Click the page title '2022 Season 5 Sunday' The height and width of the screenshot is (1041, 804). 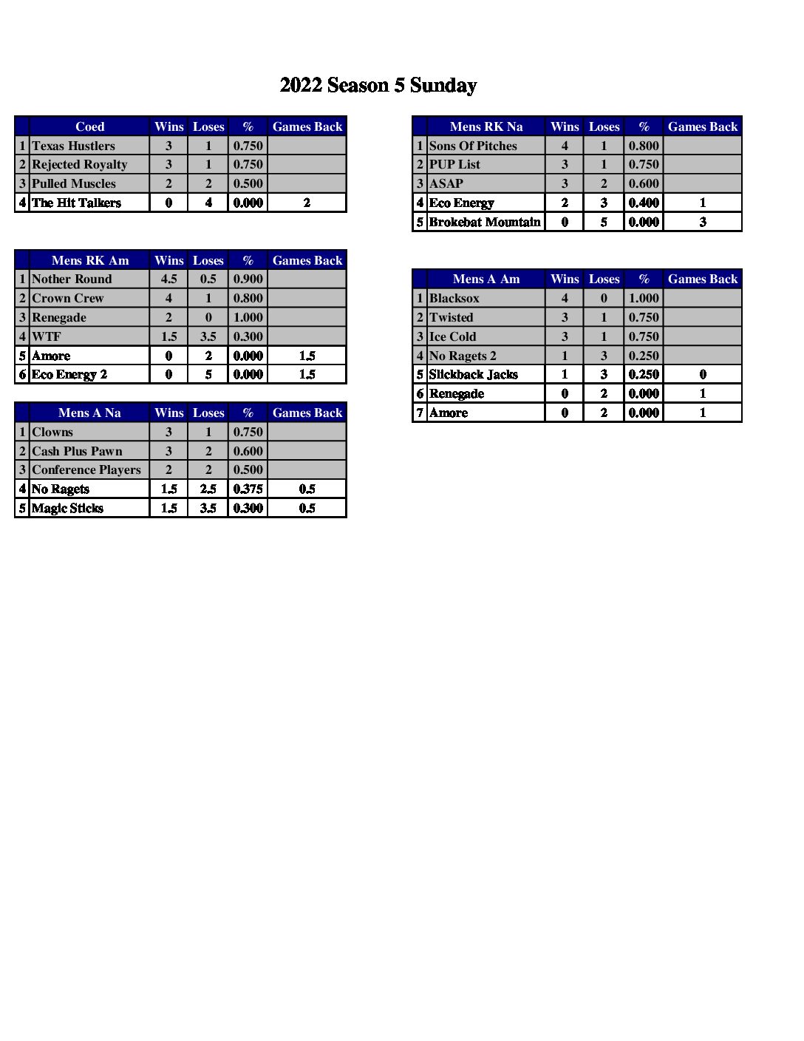click(378, 86)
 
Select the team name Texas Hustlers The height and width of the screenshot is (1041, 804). click(73, 146)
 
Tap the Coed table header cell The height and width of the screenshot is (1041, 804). click(89, 126)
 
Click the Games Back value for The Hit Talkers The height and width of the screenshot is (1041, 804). click(307, 203)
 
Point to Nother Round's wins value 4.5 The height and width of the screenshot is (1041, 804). click(168, 279)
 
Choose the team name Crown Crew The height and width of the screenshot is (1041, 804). click(68, 298)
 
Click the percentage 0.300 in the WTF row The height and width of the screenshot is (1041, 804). click(248, 336)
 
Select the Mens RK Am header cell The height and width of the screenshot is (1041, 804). click(89, 260)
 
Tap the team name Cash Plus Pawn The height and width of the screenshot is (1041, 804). click(77, 451)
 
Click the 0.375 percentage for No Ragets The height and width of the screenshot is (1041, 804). click(248, 489)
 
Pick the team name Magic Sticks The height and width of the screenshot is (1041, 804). click(67, 508)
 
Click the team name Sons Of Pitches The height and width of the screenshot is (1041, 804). click(473, 146)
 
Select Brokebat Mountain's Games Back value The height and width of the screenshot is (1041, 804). click(702, 222)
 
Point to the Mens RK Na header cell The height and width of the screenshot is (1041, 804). click(486, 126)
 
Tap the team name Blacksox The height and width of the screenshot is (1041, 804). click(454, 298)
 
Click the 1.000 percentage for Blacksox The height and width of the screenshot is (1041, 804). click(644, 298)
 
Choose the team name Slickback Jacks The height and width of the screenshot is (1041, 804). click(473, 374)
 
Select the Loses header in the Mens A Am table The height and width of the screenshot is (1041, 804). click(604, 279)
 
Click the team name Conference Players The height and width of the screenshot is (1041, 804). click(86, 469)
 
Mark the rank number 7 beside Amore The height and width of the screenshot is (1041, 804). click(420, 413)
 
